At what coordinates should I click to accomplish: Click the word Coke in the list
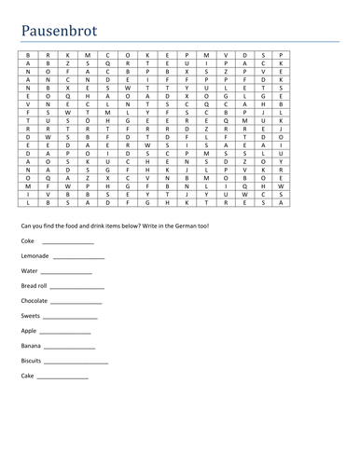click(28, 240)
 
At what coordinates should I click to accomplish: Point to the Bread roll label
click(36, 286)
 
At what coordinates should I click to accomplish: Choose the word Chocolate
click(35, 301)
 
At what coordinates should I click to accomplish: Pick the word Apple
click(29, 331)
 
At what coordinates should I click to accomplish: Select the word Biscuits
click(34, 361)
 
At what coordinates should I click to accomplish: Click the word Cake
click(28, 376)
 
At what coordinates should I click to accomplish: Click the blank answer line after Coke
click(68, 242)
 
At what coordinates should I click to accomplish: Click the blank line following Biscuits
click(78, 363)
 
